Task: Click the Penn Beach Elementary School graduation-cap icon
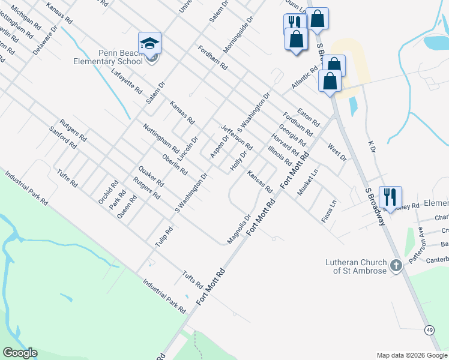[149, 44]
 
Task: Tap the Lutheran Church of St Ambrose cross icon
[396, 265]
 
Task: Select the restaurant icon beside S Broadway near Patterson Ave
[390, 196]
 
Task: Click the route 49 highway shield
[429, 330]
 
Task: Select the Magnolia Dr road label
[238, 230]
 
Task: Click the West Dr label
[337, 152]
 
